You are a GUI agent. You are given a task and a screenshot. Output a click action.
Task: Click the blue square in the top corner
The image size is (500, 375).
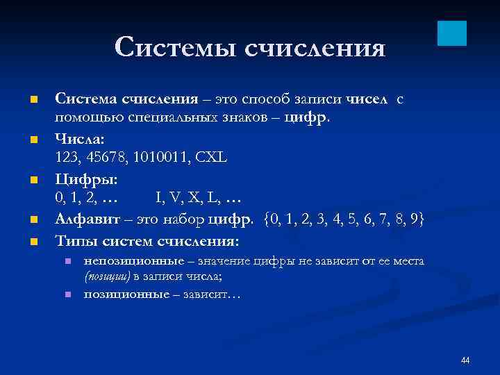(452, 33)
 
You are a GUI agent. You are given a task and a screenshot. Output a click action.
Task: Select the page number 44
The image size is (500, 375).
(465, 360)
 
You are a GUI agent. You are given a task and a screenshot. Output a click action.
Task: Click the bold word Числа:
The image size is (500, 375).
(81, 140)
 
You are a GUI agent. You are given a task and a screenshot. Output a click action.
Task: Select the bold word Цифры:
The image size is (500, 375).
(87, 179)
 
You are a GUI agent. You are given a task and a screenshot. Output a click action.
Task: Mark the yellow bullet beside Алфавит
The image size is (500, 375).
(32, 221)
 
